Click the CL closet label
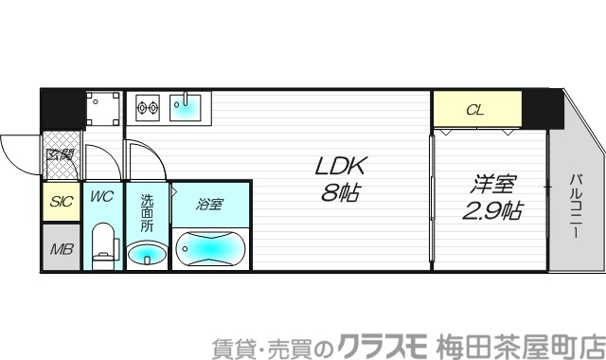(476, 111)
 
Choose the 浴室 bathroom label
(210, 204)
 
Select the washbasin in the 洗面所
(147, 253)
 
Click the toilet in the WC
(103, 245)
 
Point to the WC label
(101, 198)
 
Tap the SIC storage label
(62, 202)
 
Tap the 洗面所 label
(147, 215)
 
